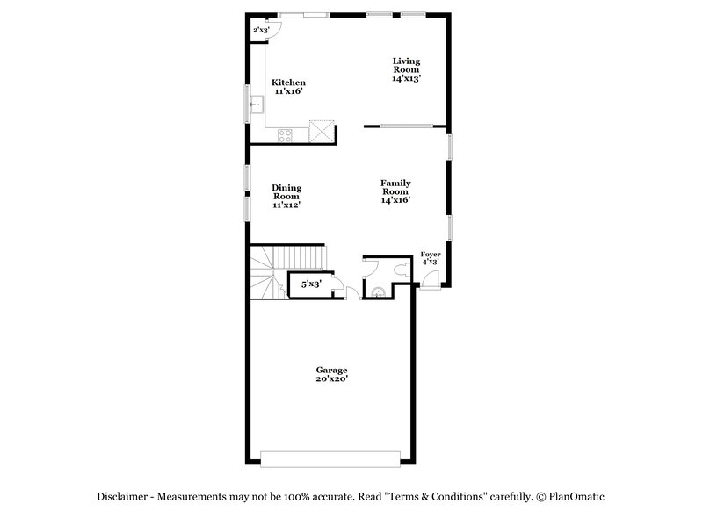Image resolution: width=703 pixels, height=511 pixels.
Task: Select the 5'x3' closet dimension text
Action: click(310, 284)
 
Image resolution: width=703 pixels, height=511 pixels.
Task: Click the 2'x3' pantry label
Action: click(261, 31)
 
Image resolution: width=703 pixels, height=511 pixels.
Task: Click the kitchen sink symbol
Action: click(256, 105)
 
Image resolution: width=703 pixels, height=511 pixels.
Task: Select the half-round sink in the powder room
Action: click(378, 292)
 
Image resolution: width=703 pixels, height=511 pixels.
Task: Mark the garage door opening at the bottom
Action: click(331, 457)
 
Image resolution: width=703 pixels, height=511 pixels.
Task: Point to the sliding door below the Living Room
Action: click(406, 126)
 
